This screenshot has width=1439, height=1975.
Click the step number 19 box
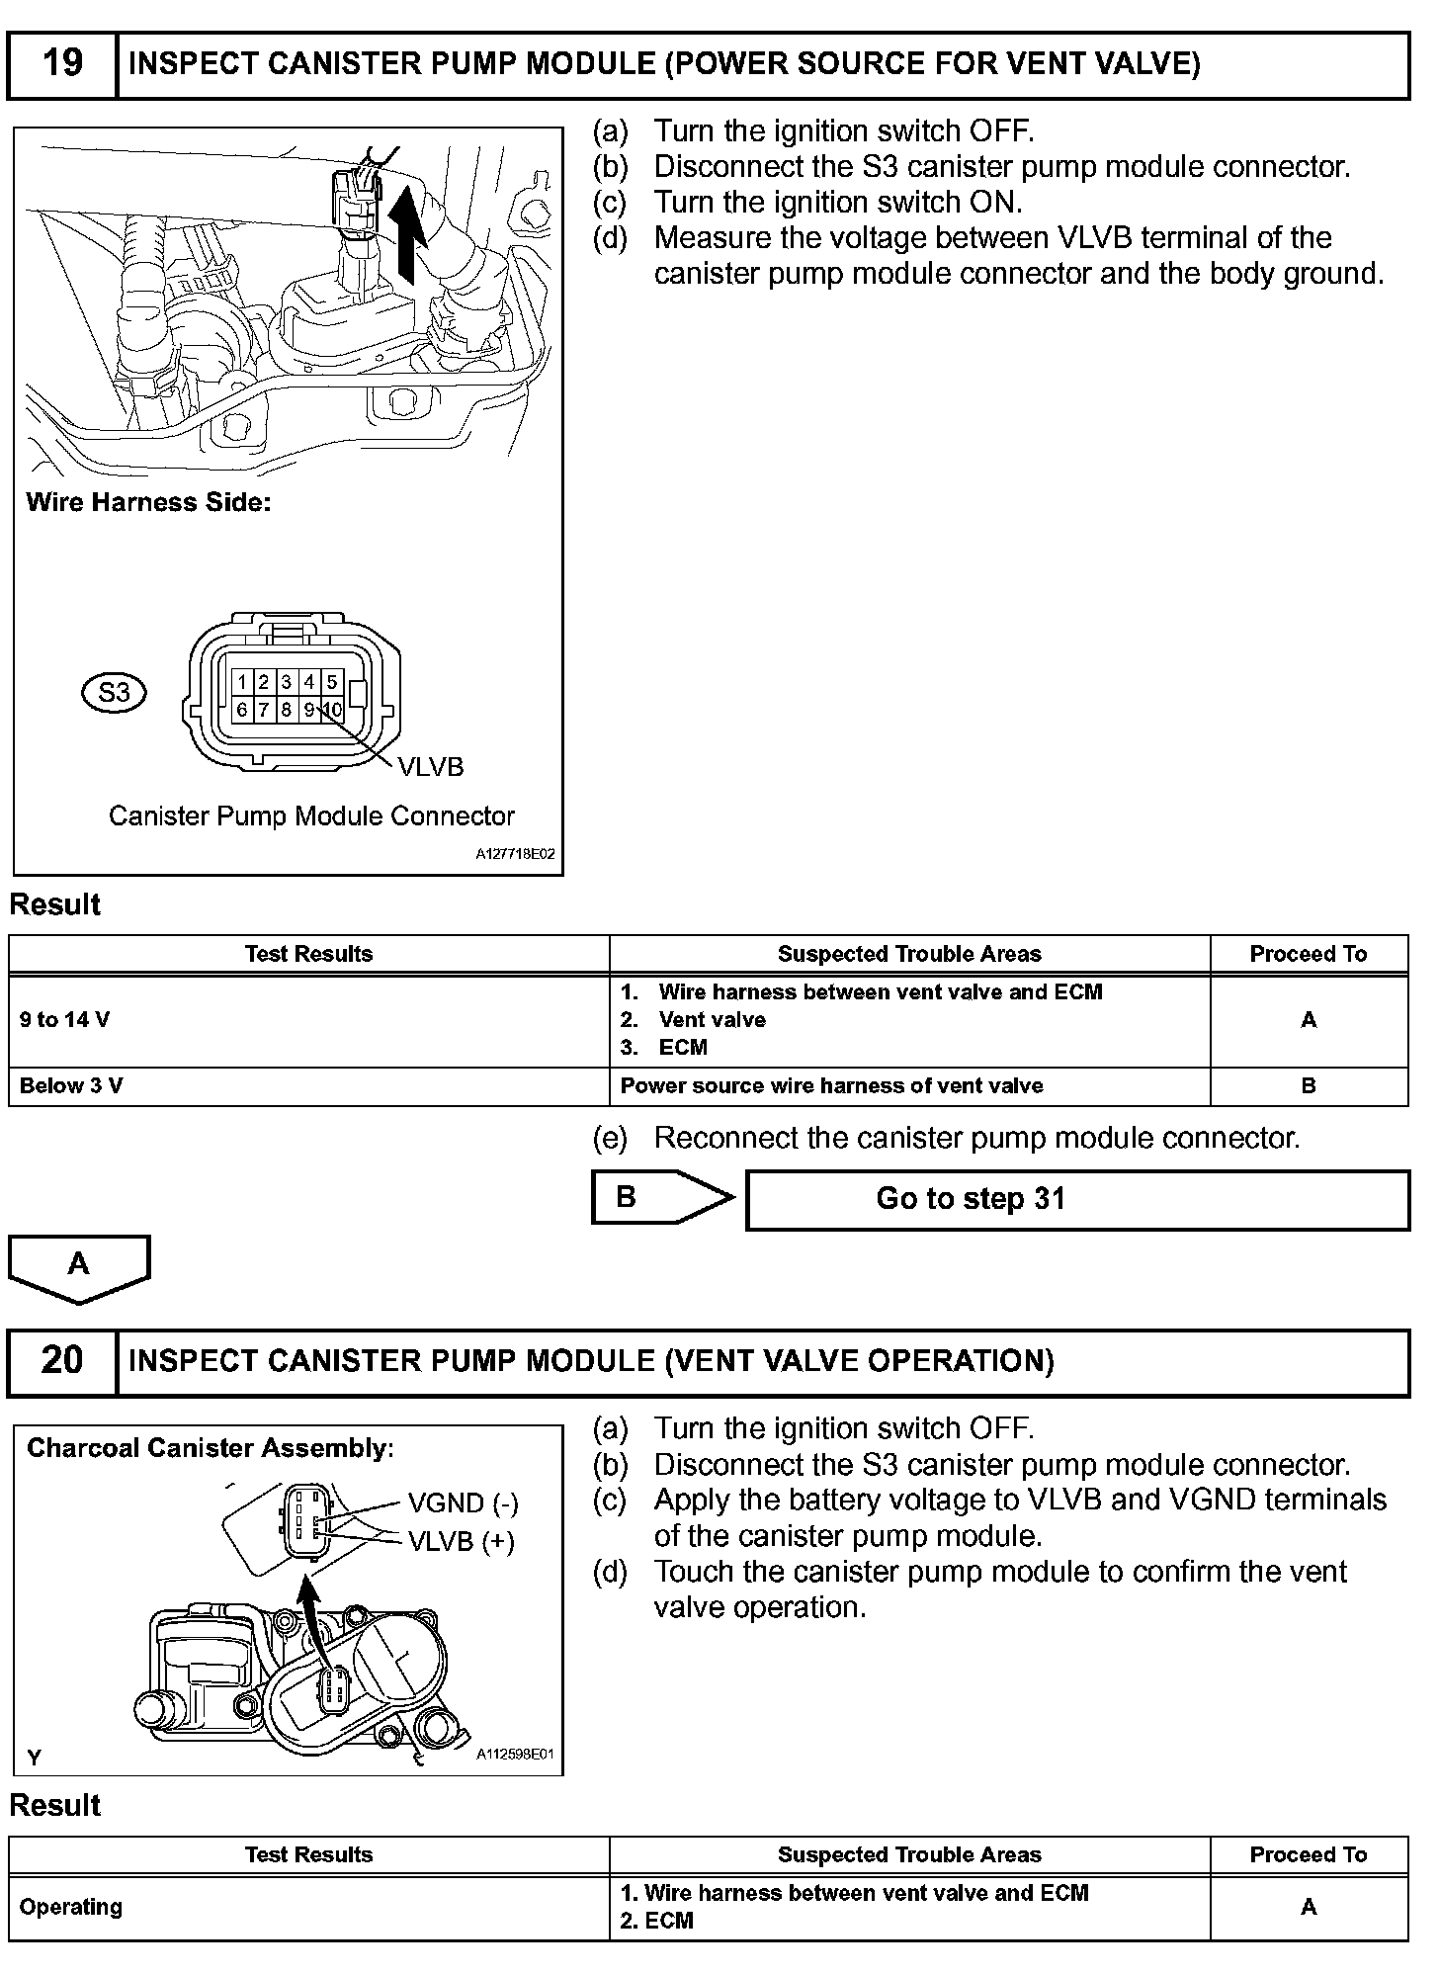pyautogui.click(x=61, y=64)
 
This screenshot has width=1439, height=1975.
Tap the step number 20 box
pyautogui.click(x=61, y=1361)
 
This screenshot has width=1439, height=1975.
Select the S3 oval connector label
pyautogui.click(x=114, y=692)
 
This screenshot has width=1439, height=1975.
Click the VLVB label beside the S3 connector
pyautogui.click(x=430, y=767)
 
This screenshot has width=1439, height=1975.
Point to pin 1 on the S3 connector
pyautogui.click(x=242, y=681)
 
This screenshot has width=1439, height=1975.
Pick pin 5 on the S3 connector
pyautogui.click(x=332, y=681)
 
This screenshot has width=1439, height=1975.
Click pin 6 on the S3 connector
pyautogui.click(x=242, y=709)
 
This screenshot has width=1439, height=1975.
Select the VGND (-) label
pyautogui.click(x=463, y=1503)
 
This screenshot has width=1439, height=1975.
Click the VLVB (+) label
pyautogui.click(x=462, y=1540)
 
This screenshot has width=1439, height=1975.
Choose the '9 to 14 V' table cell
pyautogui.click(x=308, y=1020)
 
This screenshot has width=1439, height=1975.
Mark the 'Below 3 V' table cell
pyautogui.click(x=308, y=1085)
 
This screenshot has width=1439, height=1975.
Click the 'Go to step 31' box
pyautogui.click(x=1076, y=1199)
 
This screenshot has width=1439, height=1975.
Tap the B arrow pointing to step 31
pyautogui.click(x=660, y=1197)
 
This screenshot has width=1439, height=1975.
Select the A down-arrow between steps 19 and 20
pyautogui.click(x=79, y=1266)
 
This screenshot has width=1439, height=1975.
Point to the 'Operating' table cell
pyautogui.click(x=308, y=1907)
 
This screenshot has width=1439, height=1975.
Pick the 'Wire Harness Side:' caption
pyautogui.click(x=148, y=502)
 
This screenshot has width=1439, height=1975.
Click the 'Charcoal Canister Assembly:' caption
pyautogui.click(x=210, y=1448)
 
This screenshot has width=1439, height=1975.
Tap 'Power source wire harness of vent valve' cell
pyautogui.click(x=831, y=1085)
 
